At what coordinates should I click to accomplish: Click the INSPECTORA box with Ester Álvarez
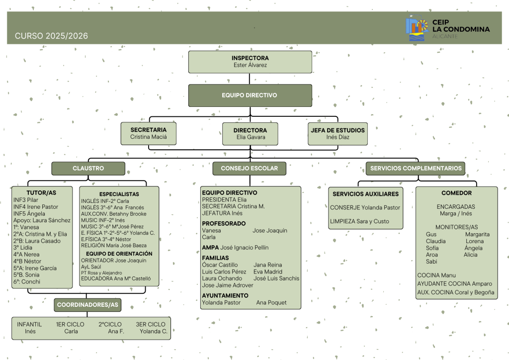[250, 62]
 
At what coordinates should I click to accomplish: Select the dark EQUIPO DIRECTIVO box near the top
[250, 95]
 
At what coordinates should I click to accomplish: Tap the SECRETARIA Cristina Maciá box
[149, 133]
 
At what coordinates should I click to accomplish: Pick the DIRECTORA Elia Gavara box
[250, 133]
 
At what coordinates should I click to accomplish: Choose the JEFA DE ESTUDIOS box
[338, 133]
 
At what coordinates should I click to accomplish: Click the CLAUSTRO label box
[88, 169]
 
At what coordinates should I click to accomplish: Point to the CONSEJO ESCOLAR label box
[250, 169]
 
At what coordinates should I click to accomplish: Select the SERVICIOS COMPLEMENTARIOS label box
[416, 168]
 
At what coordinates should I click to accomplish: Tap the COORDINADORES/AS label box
[87, 304]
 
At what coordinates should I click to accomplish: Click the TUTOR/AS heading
[41, 192]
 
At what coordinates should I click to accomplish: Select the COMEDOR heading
[456, 193]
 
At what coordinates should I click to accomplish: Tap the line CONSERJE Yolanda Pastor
[365, 208]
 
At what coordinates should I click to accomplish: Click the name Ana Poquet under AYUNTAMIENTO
[271, 302]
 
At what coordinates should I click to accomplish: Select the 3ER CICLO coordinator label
[151, 324]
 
